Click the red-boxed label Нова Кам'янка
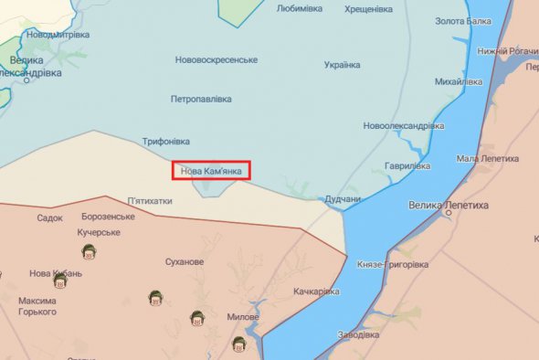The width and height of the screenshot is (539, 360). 211,170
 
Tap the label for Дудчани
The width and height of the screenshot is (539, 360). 343,199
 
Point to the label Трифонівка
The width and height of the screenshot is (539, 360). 166,142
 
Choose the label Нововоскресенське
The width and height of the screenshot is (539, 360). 217,60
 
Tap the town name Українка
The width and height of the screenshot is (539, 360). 342,65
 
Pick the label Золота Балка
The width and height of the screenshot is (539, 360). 462,21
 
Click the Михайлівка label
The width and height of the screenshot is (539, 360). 459,82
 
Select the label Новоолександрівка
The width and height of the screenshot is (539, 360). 403,125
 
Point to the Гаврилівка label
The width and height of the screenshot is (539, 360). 407,166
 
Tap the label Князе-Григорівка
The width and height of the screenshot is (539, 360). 393,265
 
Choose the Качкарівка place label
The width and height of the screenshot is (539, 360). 317,291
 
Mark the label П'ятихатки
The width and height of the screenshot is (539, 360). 149,200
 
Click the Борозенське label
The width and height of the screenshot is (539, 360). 107,217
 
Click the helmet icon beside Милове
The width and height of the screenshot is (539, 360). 196,318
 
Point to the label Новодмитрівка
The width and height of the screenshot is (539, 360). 58,35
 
